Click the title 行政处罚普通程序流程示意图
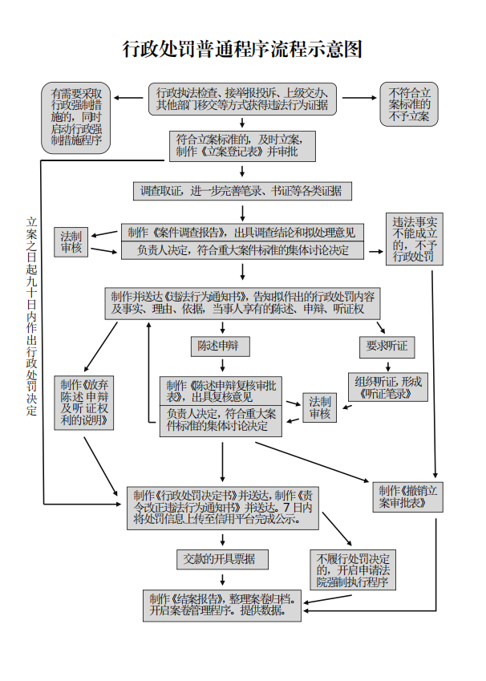pyautogui.click(x=242, y=50)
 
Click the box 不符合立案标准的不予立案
pyautogui.click(x=409, y=104)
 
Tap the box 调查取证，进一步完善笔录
pyautogui.click(x=241, y=191)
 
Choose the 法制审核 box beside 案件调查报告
pyautogui.click(x=72, y=242)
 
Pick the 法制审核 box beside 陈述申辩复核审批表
pyautogui.click(x=320, y=407)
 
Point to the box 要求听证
pyautogui.click(x=387, y=346)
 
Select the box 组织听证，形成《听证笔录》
pyautogui.click(x=387, y=387)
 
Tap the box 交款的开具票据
pyautogui.click(x=222, y=558)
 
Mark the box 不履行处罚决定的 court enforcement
pyautogui.click(x=354, y=570)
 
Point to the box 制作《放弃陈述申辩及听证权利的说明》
pyautogui.click(x=83, y=402)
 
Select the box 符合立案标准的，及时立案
pyautogui.click(x=242, y=144)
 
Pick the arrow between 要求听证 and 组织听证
pyautogui.click(x=387, y=364)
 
